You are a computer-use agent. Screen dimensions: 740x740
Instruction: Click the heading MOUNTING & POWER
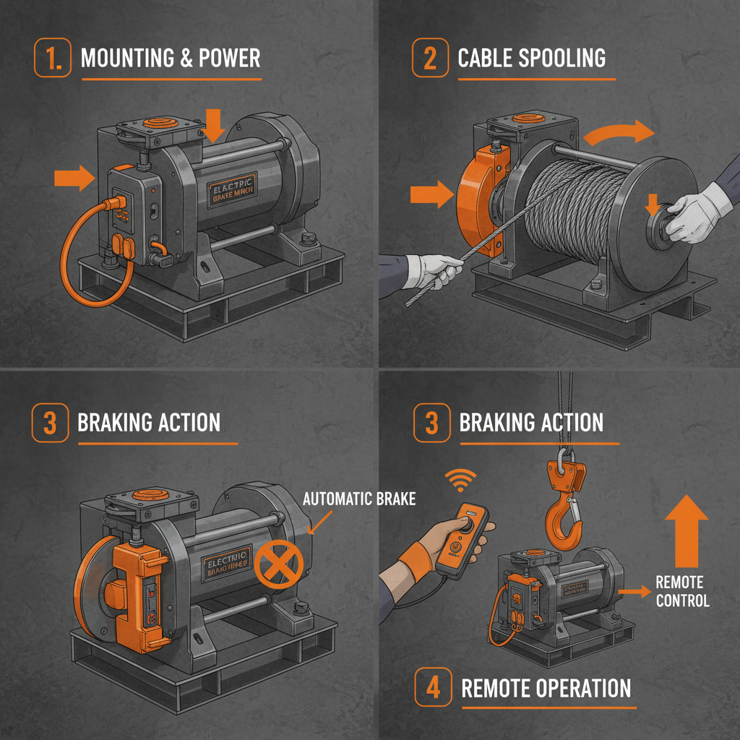171,58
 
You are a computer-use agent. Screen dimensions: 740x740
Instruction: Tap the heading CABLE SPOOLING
532,58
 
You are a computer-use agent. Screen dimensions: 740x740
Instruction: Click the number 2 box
430,58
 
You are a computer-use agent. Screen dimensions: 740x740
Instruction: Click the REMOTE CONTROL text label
682,591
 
